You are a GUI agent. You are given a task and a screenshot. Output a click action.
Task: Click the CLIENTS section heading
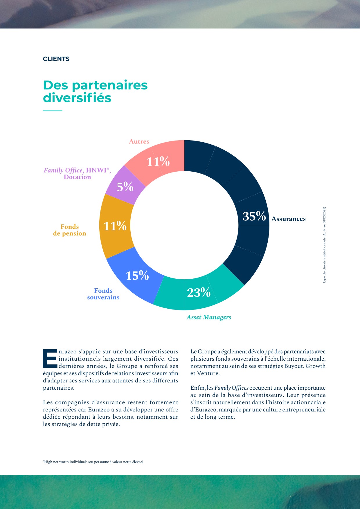point(56,59)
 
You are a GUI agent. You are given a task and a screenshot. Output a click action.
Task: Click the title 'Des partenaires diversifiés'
point(95,91)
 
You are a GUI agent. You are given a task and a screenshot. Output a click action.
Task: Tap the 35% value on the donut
point(254,216)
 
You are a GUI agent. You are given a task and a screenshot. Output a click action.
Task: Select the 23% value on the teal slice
point(199,293)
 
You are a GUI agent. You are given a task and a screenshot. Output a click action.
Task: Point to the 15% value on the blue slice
point(137,276)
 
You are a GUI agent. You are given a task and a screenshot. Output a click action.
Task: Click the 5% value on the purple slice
point(125,187)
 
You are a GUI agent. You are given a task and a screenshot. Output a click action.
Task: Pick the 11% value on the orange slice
point(115,226)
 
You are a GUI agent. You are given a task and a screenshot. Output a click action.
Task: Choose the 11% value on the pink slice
point(158,162)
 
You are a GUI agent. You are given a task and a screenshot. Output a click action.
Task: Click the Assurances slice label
point(289,219)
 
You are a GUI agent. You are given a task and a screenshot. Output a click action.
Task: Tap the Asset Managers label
point(209,317)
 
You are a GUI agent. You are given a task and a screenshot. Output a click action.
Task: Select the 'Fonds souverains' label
point(103,294)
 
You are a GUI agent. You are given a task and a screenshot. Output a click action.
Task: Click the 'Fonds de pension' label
point(70,230)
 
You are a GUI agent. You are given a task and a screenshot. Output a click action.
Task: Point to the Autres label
point(139,141)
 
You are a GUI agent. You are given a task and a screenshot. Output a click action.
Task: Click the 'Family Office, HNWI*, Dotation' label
point(77,173)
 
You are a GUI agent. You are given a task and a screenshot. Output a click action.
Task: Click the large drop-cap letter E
point(50,359)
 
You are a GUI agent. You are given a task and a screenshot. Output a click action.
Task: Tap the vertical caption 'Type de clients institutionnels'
point(324,245)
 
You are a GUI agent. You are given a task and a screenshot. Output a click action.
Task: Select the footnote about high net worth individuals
point(93,462)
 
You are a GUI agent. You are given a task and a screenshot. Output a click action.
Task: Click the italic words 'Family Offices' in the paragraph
point(231,388)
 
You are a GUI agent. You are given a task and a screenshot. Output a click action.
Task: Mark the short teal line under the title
point(53,111)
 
